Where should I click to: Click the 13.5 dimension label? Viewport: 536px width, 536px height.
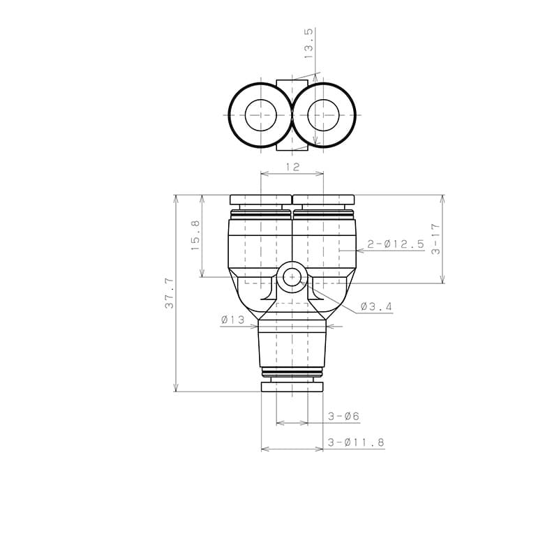[x=308, y=43]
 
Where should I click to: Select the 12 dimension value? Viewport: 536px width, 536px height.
[x=292, y=167]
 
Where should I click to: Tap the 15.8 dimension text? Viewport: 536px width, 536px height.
[x=195, y=235]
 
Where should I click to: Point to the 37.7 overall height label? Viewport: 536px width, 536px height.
[x=170, y=293]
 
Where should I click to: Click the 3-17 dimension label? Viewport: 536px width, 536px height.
[x=435, y=239]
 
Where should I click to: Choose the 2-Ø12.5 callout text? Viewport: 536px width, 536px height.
[x=396, y=244]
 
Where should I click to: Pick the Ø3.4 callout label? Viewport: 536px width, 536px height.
[x=376, y=306]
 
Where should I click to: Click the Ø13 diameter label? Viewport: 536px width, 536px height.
[x=233, y=320]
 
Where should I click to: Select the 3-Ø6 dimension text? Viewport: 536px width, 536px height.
[x=343, y=417]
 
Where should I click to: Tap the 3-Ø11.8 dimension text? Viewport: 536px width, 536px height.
[x=356, y=442]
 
